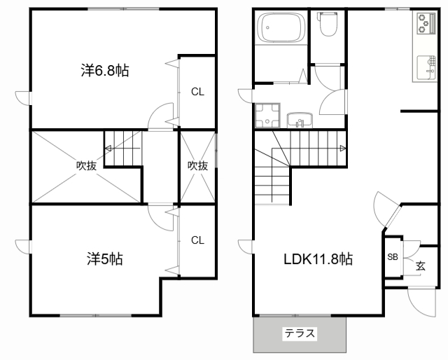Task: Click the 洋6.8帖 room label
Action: click(105, 71)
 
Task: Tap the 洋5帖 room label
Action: click(105, 259)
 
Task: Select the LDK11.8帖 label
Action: click(318, 259)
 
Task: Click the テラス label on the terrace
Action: click(300, 333)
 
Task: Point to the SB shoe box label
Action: click(393, 257)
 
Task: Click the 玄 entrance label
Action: click(421, 266)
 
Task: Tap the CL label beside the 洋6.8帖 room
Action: click(197, 92)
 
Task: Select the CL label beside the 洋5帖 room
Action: click(197, 240)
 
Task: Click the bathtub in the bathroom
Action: click(281, 28)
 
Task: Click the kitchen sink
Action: click(426, 67)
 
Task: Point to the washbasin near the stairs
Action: click(300, 120)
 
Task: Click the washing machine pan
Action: click(267, 116)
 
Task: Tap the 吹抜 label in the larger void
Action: click(86, 165)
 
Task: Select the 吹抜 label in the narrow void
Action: click(197, 165)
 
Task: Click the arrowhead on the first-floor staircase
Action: click(342, 148)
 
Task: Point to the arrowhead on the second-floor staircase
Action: click(108, 148)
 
